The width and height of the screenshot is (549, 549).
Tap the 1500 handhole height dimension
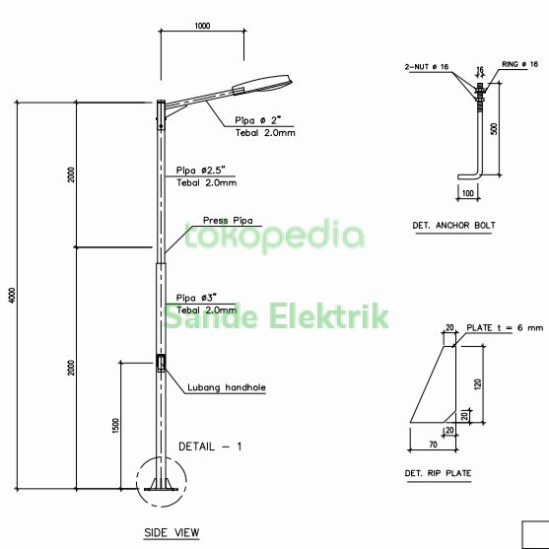(x=115, y=426)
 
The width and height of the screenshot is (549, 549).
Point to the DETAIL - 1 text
(x=210, y=446)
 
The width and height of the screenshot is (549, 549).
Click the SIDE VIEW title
(x=172, y=532)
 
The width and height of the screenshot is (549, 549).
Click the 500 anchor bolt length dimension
(x=494, y=127)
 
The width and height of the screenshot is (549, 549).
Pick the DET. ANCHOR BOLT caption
(x=453, y=226)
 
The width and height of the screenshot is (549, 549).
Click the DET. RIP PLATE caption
(x=438, y=474)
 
